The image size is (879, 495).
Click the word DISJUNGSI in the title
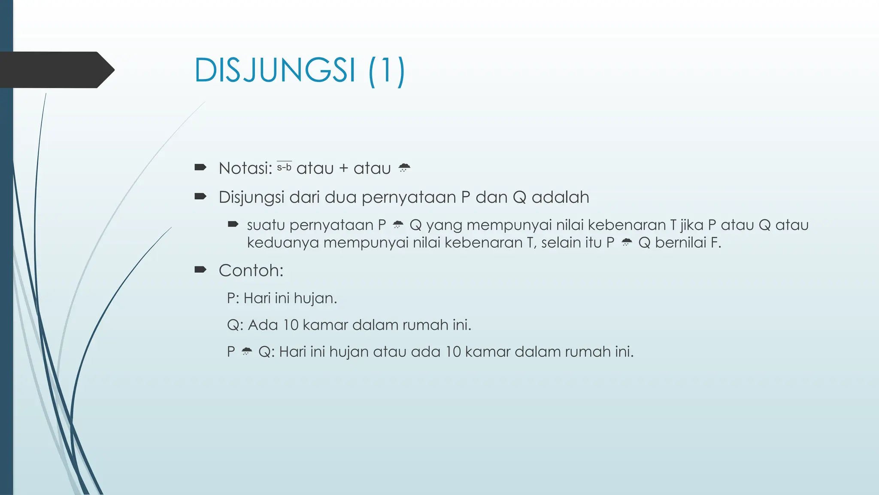pyautogui.click(x=275, y=70)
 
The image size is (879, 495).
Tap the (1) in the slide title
pyautogui.click(x=386, y=71)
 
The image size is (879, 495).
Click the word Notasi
pyautogui.click(x=245, y=168)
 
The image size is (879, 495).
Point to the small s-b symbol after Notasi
pyautogui.click(x=284, y=167)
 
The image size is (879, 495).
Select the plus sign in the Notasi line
pyautogui.click(x=343, y=168)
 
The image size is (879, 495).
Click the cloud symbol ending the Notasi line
pyautogui.click(x=404, y=168)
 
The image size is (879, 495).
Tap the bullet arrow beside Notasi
pyautogui.click(x=200, y=167)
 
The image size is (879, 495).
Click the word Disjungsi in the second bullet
pyautogui.click(x=251, y=197)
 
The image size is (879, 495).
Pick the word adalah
pyautogui.click(x=560, y=197)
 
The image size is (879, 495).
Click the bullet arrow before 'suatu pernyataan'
pyautogui.click(x=233, y=224)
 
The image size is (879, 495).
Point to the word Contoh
pyautogui.click(x=251, y=271)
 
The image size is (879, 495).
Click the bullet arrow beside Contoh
pyautogui.click(x=200, y=270)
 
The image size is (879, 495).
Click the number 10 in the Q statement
pyautogui.click(x=291, y=325)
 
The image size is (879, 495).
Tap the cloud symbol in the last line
pyautogui.click(x=246, y=351)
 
